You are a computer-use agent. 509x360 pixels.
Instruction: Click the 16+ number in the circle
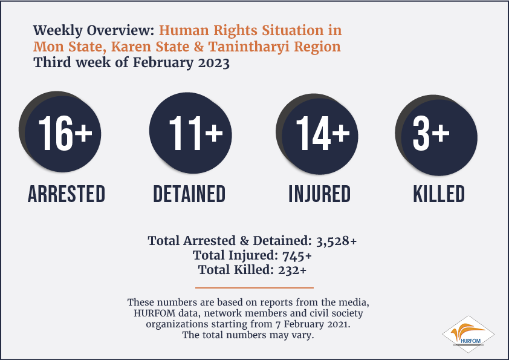click(x=65, y=133)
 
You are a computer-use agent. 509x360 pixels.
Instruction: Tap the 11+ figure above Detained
click(x=196, y=133)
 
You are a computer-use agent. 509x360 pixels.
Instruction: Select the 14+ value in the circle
click(x=323, y=133)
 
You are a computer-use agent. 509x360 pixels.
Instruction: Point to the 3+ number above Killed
click(x=431, y=133)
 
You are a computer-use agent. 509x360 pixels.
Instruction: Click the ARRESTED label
click(x=66, y=194)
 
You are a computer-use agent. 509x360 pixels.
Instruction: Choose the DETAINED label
click(x=189, y=194)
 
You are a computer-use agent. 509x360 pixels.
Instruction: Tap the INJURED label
click(x=320, y=194)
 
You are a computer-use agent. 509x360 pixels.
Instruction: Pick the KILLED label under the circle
click(x=439, y=194)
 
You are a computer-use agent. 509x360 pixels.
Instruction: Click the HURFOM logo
click(x=468, y=335)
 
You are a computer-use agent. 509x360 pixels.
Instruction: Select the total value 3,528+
click(x=336, y=241)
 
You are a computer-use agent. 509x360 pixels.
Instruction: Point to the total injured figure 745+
click(x=297, y=256)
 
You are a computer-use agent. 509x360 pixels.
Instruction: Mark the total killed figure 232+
click(x=292, y=270)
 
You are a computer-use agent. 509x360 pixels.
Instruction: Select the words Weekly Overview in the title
click(x=94, y=30)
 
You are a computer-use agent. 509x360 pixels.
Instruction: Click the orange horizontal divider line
click(x=254, y=287)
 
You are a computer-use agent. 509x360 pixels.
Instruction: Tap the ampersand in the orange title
click(x=199, y=47)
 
